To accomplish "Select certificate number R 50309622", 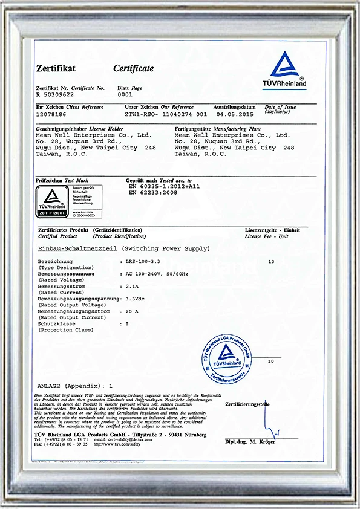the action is [x=55, y=94].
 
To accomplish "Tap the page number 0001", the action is [x=125, y=94].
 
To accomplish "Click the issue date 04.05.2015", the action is [x=233, y=114].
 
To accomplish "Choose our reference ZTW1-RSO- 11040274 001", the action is [x=166, y=114].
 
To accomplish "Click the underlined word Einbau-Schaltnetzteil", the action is [x=77, y=249].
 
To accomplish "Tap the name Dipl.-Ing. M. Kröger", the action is [x=250, y=443].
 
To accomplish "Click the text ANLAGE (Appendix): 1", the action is [x=75, y=385].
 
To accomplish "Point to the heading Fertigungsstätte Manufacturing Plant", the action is [x=213, y=129].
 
